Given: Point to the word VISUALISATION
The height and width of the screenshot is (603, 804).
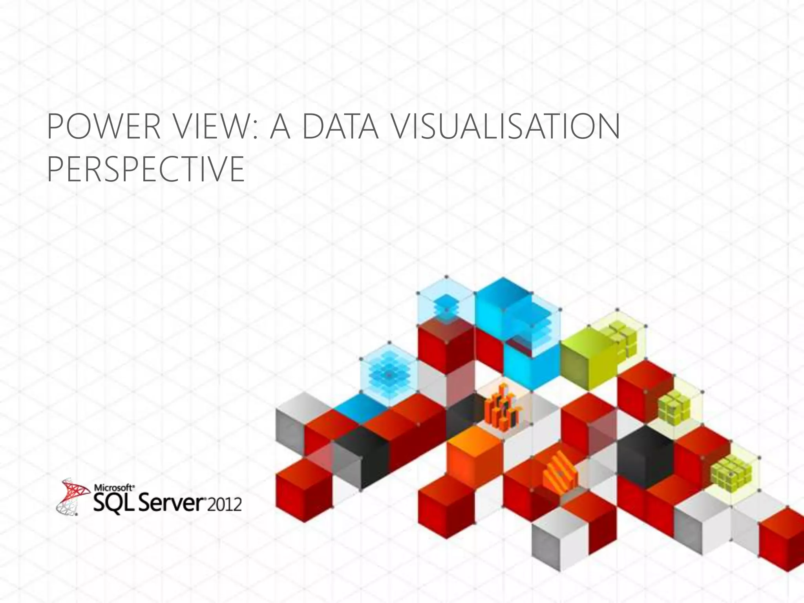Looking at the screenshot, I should tap(506, 127).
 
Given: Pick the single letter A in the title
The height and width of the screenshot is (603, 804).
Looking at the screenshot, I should tap(280, 127).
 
